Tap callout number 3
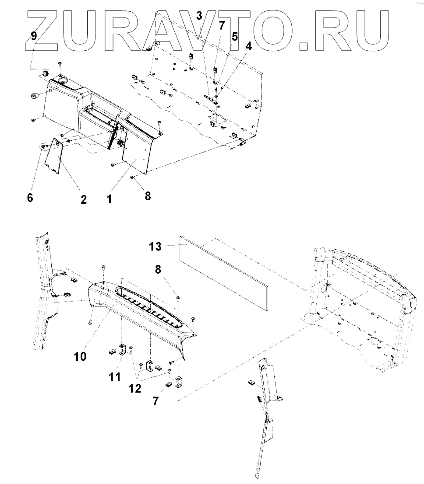[x=199, y=17]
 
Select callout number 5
[x=235, y=36]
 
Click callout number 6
[x=30, y=198]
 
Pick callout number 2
[x=83, y=200]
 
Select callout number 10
[x=80, y=356]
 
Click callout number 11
[x=115, y=376]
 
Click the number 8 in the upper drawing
[x=148, y=196]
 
